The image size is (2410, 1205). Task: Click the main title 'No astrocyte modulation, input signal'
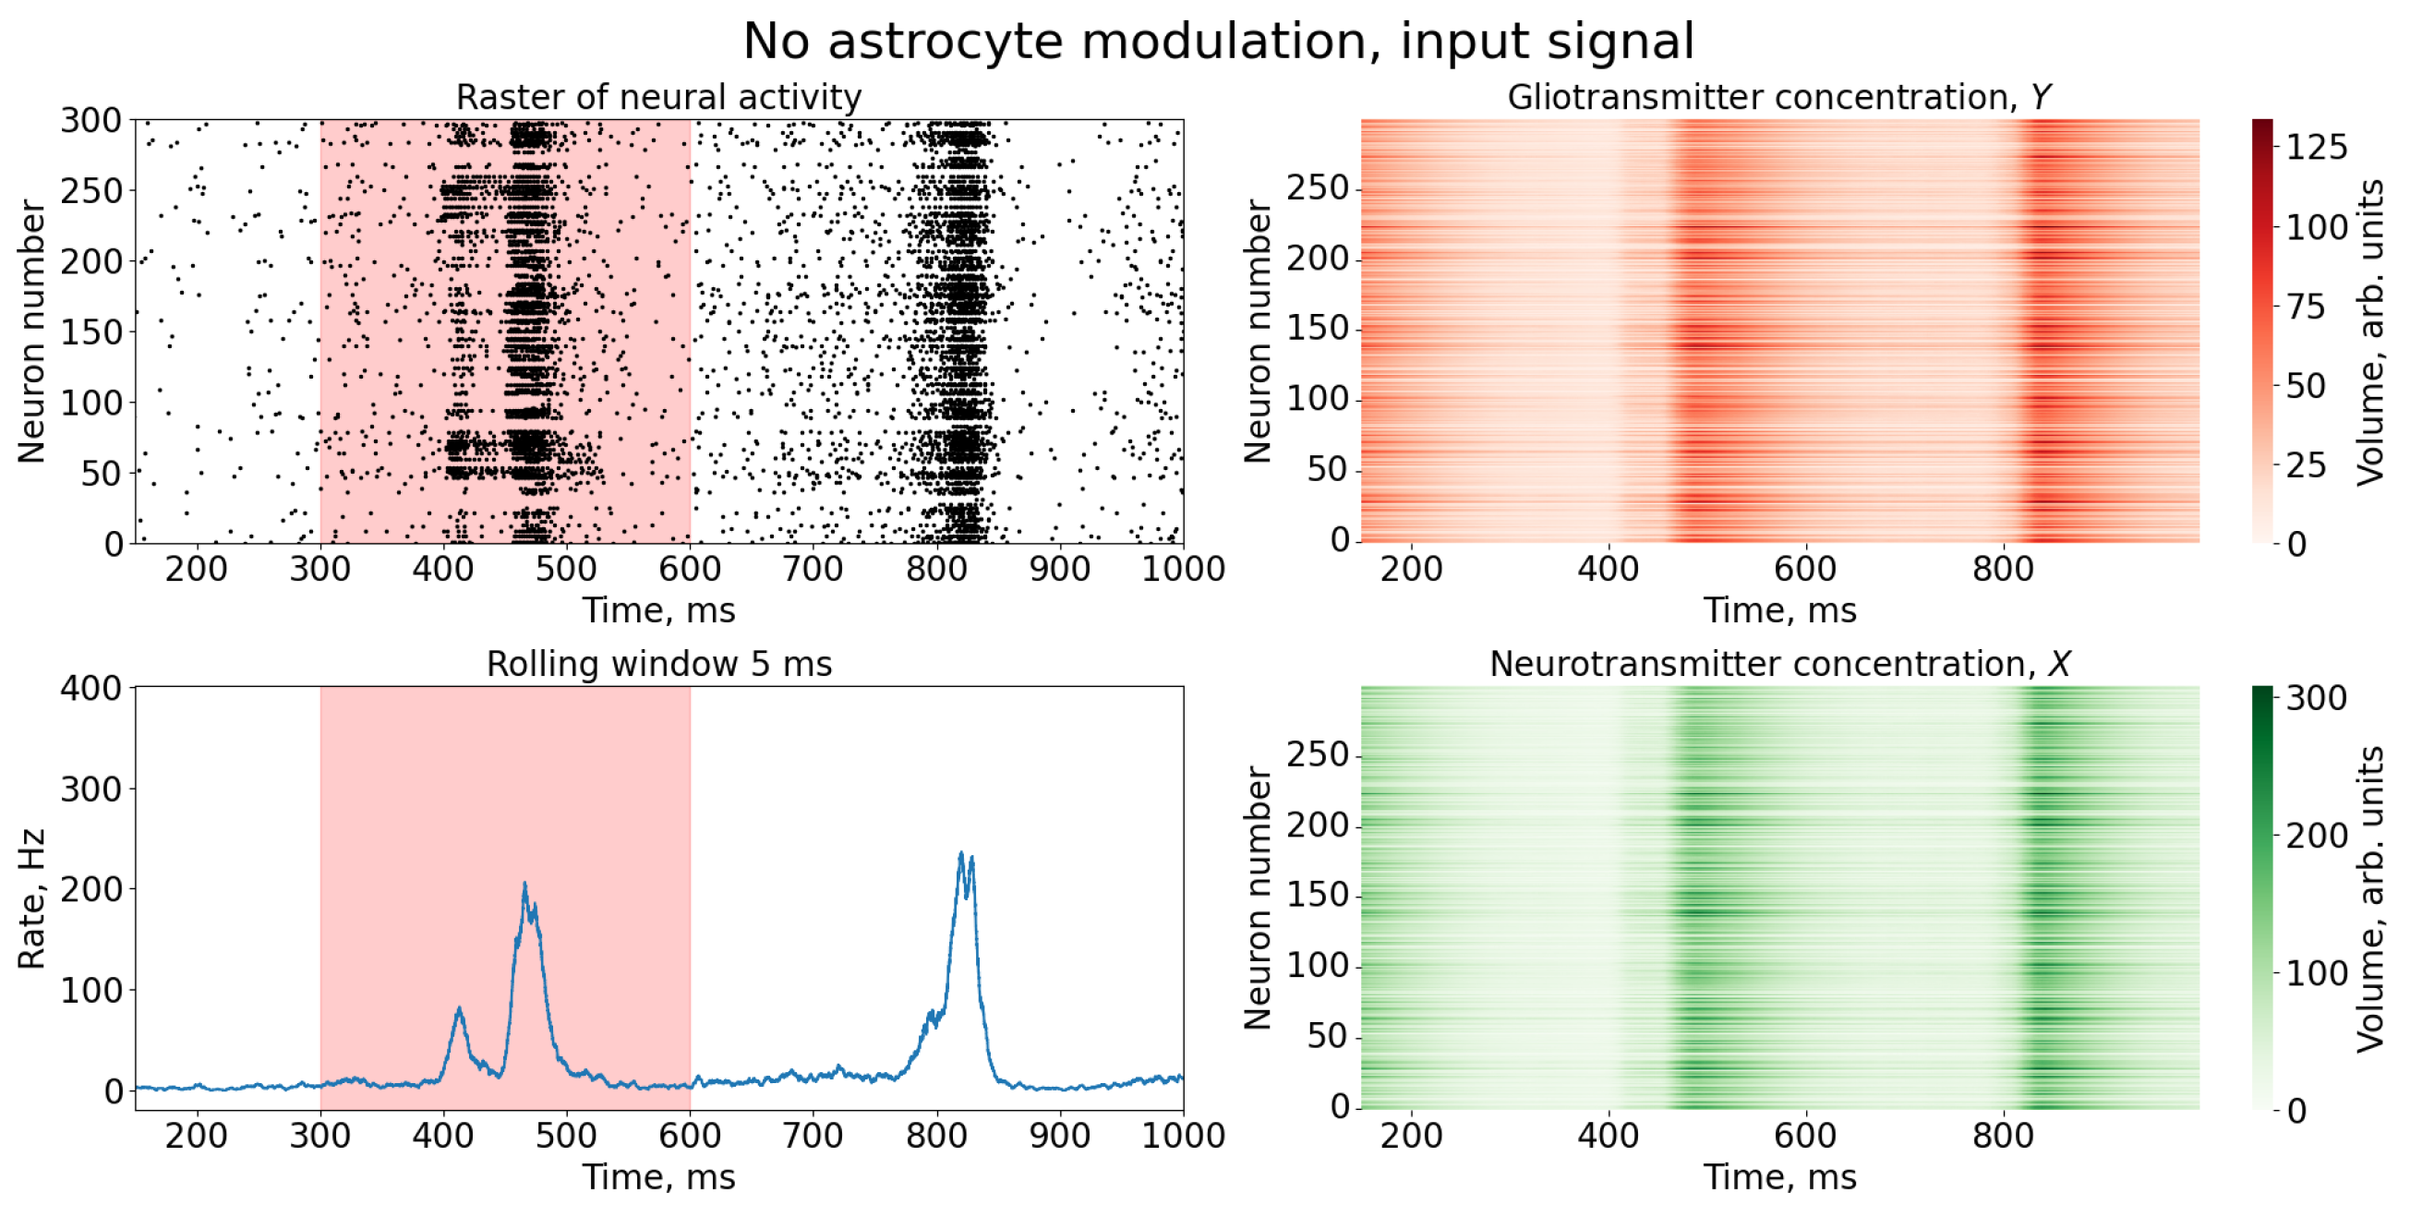point(1218,42)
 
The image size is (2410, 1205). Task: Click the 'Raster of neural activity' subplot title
point(658,97)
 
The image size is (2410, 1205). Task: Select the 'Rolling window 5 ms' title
point(658,664)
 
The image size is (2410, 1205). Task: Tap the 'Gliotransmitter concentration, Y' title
point(1778,97)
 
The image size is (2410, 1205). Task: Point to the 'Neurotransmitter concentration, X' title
point(1778,664)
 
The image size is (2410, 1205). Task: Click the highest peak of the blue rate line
point(961,854)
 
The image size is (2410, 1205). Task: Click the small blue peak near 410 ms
point(459,1009)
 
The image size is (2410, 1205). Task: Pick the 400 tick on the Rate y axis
point(90,689)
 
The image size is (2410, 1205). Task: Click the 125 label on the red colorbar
point(2317,148)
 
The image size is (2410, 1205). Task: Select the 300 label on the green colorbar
point(2317,698)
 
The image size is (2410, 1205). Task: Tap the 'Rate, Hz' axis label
point(30,898)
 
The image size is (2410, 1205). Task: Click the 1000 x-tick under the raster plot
point(1183,569)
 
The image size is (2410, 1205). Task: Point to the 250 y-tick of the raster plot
point(90,191)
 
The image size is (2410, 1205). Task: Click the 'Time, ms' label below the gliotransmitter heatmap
point(1778,610)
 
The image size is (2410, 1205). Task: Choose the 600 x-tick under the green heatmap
point(1804,1136)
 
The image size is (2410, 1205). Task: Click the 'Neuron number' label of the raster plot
point(30,331)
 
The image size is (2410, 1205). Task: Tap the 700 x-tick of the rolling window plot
point(812,1136)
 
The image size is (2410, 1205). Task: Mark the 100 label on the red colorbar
point(2317,227)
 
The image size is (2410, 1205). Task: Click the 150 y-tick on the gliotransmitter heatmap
point(1318,329)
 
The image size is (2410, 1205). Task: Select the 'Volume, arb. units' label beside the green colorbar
point(2368,898)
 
